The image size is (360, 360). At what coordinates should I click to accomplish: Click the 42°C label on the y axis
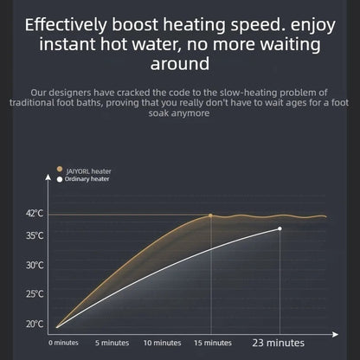[35, 214]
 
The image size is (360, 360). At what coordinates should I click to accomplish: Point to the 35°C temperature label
[35, 235]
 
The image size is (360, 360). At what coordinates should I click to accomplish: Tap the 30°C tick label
[35, 265]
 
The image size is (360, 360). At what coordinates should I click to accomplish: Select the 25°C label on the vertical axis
[35, 294]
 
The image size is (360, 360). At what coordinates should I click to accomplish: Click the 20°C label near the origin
[35, 324]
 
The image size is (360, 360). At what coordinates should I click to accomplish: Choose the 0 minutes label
[63, 343]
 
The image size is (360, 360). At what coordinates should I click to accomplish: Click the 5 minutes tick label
[112, 343]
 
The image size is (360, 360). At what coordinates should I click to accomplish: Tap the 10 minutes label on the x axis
[163, 343]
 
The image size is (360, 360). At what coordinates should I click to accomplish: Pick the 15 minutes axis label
[213, 343]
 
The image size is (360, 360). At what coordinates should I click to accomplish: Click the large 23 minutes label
[279, 343]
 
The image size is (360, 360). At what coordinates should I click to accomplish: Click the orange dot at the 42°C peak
[210, 215]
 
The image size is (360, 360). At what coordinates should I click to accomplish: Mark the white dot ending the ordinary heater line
[280, 228]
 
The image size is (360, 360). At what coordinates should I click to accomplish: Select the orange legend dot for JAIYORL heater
[60, 169]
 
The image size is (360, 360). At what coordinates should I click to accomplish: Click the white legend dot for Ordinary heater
[60, 179]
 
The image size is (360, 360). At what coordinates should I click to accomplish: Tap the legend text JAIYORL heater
[88, 171]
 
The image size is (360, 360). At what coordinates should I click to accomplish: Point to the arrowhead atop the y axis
[48, 177]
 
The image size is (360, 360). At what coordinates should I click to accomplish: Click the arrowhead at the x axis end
[335, 334]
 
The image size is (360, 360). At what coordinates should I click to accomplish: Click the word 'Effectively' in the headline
[66, 25]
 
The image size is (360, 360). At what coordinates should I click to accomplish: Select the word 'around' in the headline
[180, 64]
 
